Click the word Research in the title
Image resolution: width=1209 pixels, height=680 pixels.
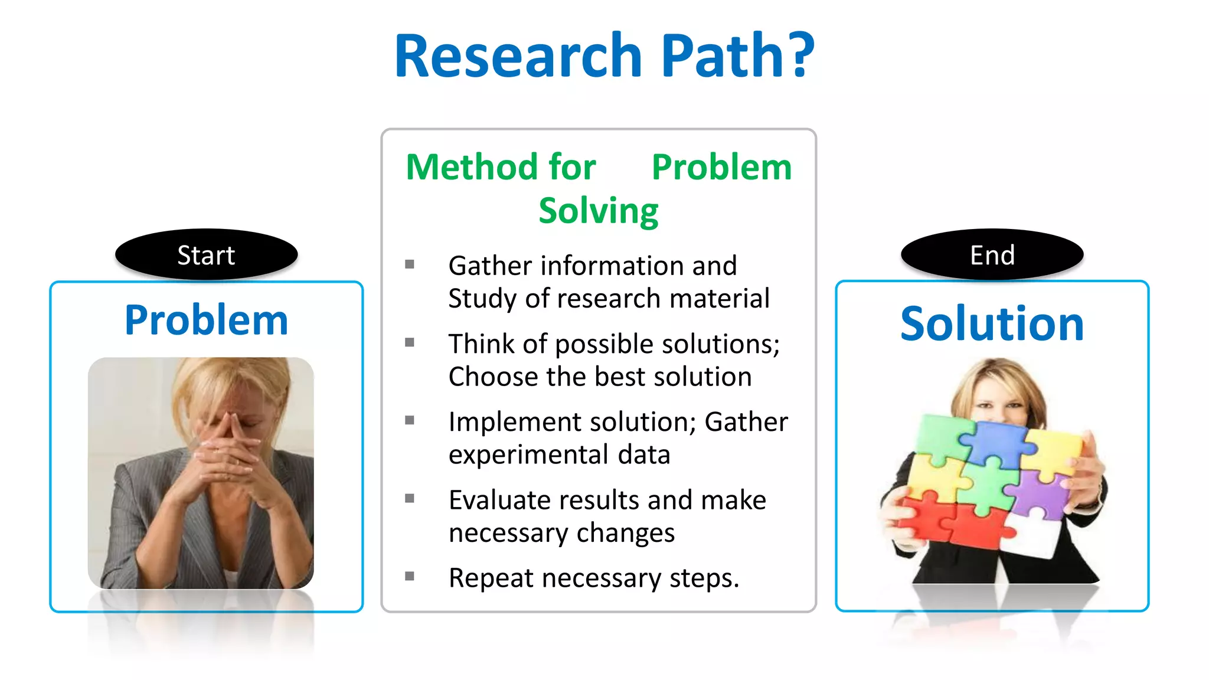(518, 56)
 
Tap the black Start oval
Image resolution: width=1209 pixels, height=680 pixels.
(206, 255)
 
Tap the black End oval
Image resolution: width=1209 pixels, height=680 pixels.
(992, 255)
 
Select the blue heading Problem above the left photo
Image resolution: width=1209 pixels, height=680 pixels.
(206, 321)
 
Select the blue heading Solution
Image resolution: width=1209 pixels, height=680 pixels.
(992, 324)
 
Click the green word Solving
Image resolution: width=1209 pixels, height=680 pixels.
(598, 211)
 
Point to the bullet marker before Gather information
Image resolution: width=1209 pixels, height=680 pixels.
(410, 264)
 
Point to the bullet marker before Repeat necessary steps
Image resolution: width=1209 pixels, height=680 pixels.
(410, 576)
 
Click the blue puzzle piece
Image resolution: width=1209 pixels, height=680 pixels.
(998, 443)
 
